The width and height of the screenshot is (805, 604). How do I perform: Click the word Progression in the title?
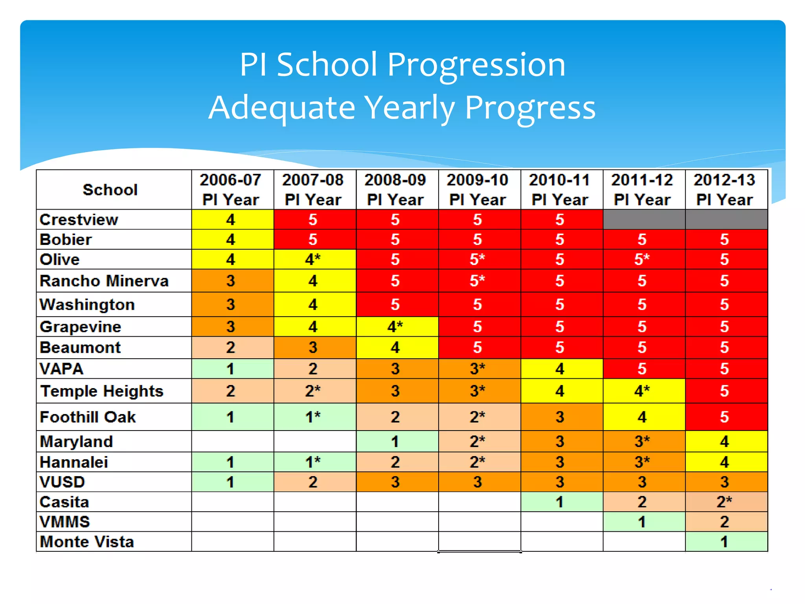pos(476,65)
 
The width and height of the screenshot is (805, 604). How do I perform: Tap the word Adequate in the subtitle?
pos(282,108)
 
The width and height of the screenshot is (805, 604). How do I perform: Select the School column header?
pos(110,190)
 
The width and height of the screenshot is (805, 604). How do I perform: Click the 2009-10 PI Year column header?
pos(478,190)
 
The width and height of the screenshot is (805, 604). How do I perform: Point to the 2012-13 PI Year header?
pos(724,190)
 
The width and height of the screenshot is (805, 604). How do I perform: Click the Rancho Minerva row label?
pos(104,281)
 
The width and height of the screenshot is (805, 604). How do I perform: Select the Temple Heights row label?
pos(102,391)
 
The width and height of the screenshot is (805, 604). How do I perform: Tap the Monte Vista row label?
pos(87,542)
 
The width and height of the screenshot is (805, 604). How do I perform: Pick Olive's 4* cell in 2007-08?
pos(313,260)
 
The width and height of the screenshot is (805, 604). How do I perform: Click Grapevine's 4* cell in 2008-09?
pos(395,327)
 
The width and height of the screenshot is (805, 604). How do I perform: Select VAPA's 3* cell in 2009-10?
pos(478,369)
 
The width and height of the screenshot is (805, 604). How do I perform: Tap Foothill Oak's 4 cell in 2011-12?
pos(642,417)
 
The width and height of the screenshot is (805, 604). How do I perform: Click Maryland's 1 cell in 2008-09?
pos(395,442)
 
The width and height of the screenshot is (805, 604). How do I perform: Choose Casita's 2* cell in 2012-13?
pos(724,502)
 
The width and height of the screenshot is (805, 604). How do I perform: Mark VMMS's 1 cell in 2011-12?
pos(642,522)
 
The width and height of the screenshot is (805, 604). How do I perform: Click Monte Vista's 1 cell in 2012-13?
pos(724,542)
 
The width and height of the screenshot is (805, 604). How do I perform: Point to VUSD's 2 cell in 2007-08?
pos(313,482)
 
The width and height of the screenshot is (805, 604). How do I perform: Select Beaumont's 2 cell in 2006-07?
pos(231,348)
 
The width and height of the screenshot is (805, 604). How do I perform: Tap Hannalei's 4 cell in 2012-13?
pos(724,462)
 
